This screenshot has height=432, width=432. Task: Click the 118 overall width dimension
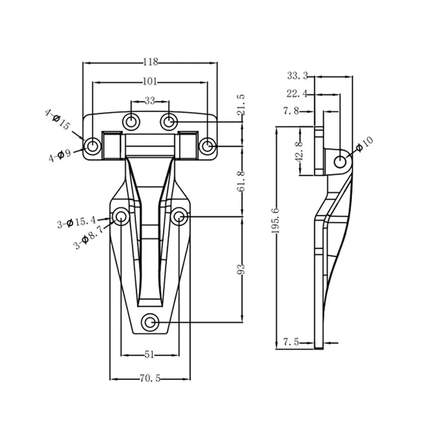[x=151, y=62]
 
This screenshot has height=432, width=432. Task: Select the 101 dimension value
[x=150, y=82]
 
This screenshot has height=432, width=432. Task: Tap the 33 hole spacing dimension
[x=150, y=101]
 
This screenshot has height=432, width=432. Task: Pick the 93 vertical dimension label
[x=241, y=269]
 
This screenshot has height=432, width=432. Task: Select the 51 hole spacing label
[x=149, y=355]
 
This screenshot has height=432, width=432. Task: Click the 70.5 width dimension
[x=150, y=379]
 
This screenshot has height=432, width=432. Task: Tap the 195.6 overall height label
[x=275, y=221]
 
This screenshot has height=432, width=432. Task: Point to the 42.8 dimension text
[x=299, y=152]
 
